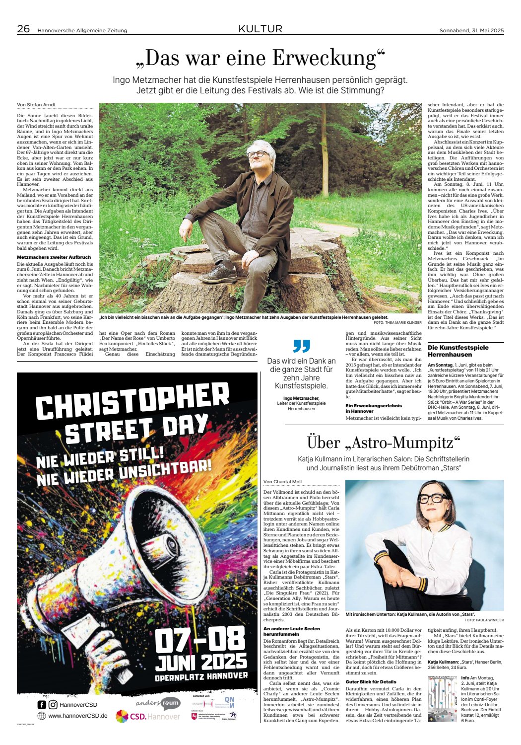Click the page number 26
(x=23, y=29)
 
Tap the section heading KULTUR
(x=260, y=29)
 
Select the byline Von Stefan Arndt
(x=36, y=105)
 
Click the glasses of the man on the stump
(x=258, y=154)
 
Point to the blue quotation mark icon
(x=301, y=346)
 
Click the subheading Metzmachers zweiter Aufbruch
(x=54, y=257)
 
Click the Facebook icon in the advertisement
(x=42, y=704)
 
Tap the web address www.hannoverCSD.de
(x=78, y=716)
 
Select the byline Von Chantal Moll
(x=282, y=482)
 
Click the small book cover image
(x=443, y=698)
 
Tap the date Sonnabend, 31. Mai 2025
(x=471, y=30)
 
